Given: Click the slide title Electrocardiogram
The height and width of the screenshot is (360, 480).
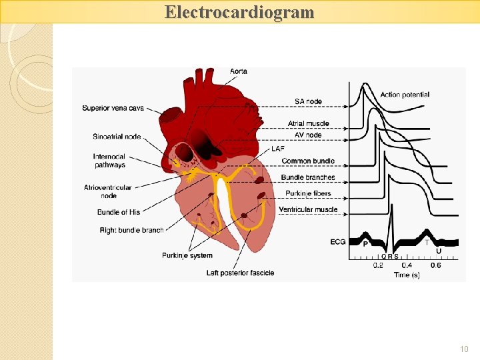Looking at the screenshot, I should tap(239, 12).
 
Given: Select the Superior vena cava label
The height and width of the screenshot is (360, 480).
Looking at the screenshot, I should tap(113, 108).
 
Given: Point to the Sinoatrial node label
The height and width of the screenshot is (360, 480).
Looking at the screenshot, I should tap(117, 137).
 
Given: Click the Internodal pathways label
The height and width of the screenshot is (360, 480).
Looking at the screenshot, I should tap(109, 161).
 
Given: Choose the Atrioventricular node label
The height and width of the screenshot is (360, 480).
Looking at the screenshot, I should tap(108, 191).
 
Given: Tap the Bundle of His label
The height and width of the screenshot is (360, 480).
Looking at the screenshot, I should tap(119, 212).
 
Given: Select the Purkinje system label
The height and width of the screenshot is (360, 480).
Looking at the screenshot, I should tap(187, 255).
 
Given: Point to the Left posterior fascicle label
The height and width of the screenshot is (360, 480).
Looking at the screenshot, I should tap(240, 273).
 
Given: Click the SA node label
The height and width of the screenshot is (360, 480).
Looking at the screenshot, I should tap(308, 101).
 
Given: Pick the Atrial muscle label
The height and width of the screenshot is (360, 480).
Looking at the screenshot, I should tap(309, 123).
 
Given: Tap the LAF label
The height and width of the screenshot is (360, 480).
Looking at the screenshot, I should tap(278, 148).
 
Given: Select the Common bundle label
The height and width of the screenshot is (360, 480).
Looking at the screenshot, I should tap(308, 161).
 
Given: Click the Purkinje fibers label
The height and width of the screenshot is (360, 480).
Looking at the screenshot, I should tap(308, 193).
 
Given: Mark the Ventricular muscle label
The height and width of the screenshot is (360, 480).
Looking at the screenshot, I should tap(308, 210).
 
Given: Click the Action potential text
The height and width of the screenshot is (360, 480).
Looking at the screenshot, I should tap(405, 95).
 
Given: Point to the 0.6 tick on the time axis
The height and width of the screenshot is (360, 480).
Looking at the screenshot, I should tap(435, 265).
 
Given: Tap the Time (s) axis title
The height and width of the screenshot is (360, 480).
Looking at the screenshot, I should tap(407, 275).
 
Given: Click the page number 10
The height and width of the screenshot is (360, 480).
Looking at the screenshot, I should tap(464, 349).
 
